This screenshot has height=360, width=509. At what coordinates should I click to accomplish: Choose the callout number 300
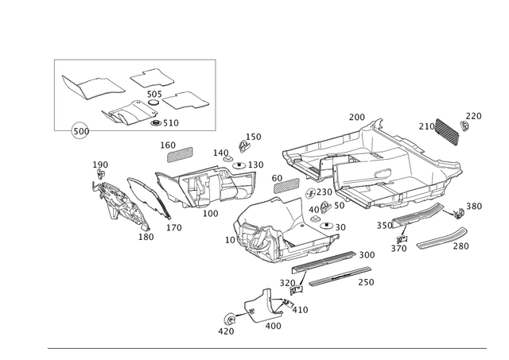[367, 254]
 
